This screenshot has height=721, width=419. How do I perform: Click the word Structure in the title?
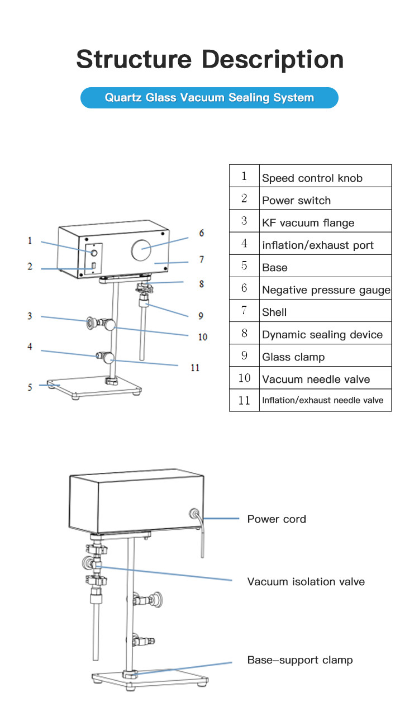134,59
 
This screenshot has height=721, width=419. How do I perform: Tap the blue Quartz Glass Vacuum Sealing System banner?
209,97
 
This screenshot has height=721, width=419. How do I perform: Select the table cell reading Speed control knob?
325,175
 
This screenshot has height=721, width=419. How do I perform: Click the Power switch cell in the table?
325,198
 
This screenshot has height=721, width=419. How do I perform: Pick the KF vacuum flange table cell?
325,221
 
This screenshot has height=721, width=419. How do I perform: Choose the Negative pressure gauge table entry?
325,288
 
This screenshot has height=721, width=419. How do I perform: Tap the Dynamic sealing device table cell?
325,333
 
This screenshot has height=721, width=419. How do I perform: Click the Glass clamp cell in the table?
325,355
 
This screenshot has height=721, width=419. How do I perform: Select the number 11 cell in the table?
244,400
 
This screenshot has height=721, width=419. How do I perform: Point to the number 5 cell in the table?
244,265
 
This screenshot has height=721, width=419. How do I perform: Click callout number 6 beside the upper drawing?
202,233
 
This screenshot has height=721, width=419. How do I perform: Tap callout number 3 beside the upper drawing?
30,316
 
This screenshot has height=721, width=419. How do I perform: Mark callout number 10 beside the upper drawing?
203,337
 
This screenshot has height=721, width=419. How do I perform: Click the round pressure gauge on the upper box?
141,250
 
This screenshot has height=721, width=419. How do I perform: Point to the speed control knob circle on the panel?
94,253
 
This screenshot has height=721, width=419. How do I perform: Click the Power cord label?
277,519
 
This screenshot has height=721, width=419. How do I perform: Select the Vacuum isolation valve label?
306,582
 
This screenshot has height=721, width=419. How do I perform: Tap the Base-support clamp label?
300,660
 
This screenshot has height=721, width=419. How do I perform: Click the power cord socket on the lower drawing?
194,514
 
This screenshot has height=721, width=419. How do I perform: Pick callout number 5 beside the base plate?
30,387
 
